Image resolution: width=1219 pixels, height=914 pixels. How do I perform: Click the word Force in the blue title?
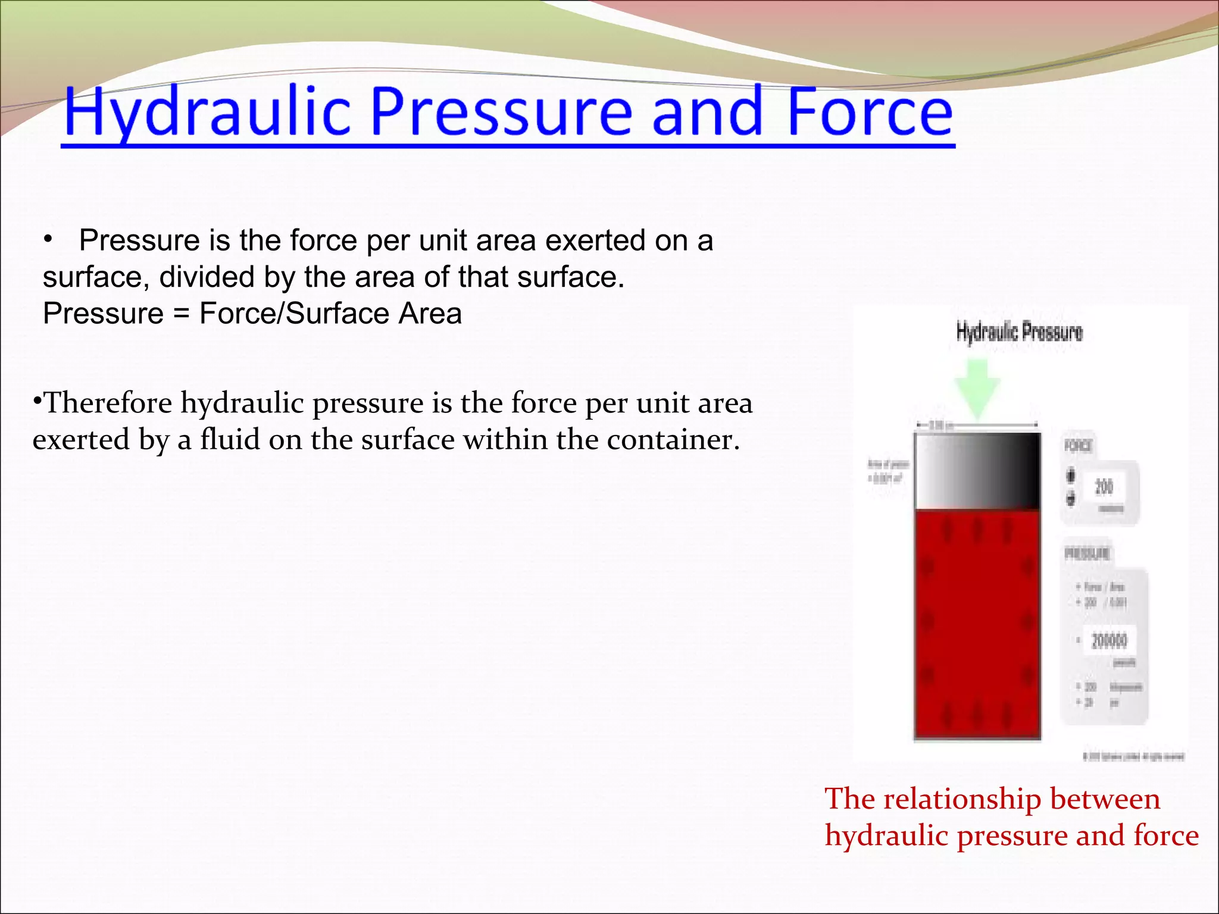(870, 112)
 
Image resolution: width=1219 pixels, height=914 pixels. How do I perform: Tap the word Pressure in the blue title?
(501, 112)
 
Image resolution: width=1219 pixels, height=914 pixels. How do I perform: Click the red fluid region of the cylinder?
(978, 625)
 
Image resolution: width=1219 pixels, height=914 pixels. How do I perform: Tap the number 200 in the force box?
(1104, 487)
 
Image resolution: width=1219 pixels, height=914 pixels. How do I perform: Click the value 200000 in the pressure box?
(1109, 640)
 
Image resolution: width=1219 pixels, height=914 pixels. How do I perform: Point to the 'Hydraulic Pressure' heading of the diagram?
(1019, 332)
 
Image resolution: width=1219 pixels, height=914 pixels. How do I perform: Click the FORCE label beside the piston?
(1078, 446)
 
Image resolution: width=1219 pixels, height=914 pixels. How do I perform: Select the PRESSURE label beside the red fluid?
(1087, 554)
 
